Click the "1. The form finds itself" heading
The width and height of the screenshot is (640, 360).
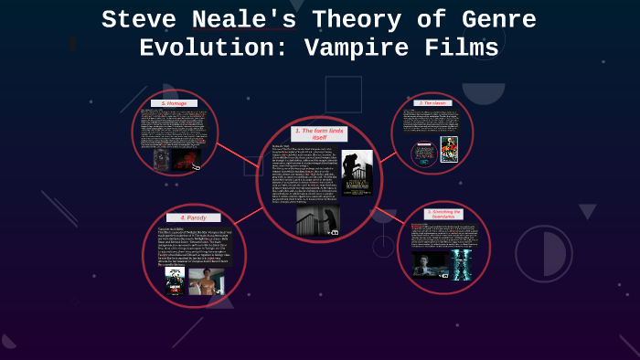pos(319,134)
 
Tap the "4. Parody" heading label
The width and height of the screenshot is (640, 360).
pos(194,217)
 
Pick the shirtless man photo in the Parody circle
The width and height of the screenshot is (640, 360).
pos(206,281)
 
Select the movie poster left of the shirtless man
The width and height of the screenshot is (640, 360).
pos(175,281)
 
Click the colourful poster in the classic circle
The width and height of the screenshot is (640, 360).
pos(449,150)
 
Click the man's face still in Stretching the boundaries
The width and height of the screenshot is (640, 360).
pos(432,264)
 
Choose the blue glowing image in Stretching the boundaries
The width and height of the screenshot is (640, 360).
pos(462,264)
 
